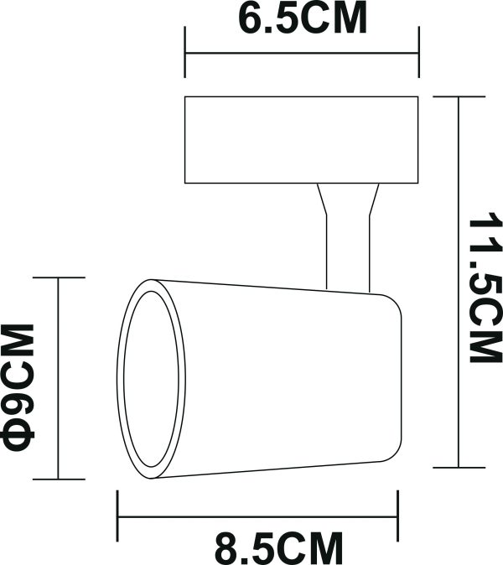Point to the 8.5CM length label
pos(279,549)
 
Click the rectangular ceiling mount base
pos(301,140)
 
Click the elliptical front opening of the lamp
pos(152,382)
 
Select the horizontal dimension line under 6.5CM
pos(302,55)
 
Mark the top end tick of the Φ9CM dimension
pos(58,277)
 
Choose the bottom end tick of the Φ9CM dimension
pos(58,479)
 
